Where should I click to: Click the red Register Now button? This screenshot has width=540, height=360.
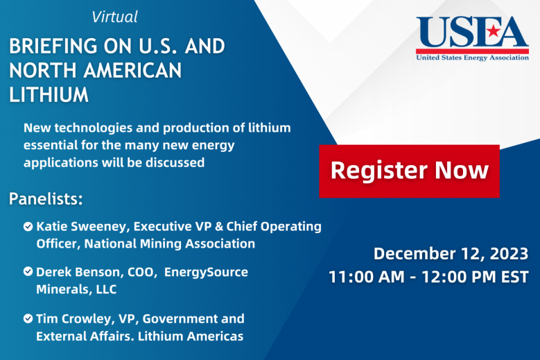point(409,171)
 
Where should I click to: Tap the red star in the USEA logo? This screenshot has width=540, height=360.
point(494,31)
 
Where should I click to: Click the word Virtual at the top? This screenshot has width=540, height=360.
point(114,17)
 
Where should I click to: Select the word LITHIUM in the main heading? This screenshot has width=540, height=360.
point(49,95)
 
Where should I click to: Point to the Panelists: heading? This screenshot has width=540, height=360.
point(46,199)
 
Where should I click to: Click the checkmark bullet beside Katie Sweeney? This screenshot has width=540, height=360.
point(28,226)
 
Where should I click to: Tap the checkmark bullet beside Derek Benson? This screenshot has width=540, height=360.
point(28,271)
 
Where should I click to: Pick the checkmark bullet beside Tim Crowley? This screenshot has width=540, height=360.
point(28,318)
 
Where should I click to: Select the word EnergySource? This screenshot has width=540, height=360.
point(206,272)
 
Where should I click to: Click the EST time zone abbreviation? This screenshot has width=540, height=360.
point(514,277)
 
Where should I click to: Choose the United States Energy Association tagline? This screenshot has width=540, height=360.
point(473,58)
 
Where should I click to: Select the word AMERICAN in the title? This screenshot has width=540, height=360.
point(132,71)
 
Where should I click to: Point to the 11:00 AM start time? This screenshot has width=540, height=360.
point(367,277)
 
